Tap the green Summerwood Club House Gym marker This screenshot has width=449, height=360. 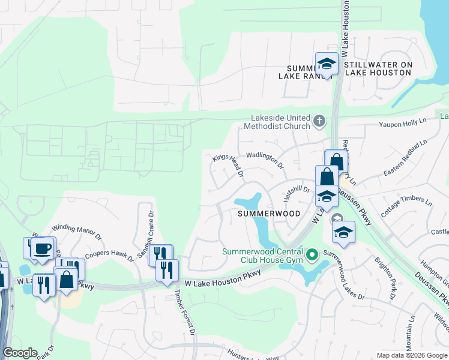point(311,256)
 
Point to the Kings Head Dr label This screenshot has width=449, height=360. point(229,167)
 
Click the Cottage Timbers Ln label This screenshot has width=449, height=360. point(407,211)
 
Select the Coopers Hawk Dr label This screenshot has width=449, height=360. point(110,253)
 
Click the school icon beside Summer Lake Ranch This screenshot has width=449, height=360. point(327,64)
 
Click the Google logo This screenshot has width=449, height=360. point(20,353)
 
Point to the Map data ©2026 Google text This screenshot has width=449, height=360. point(411,355)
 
